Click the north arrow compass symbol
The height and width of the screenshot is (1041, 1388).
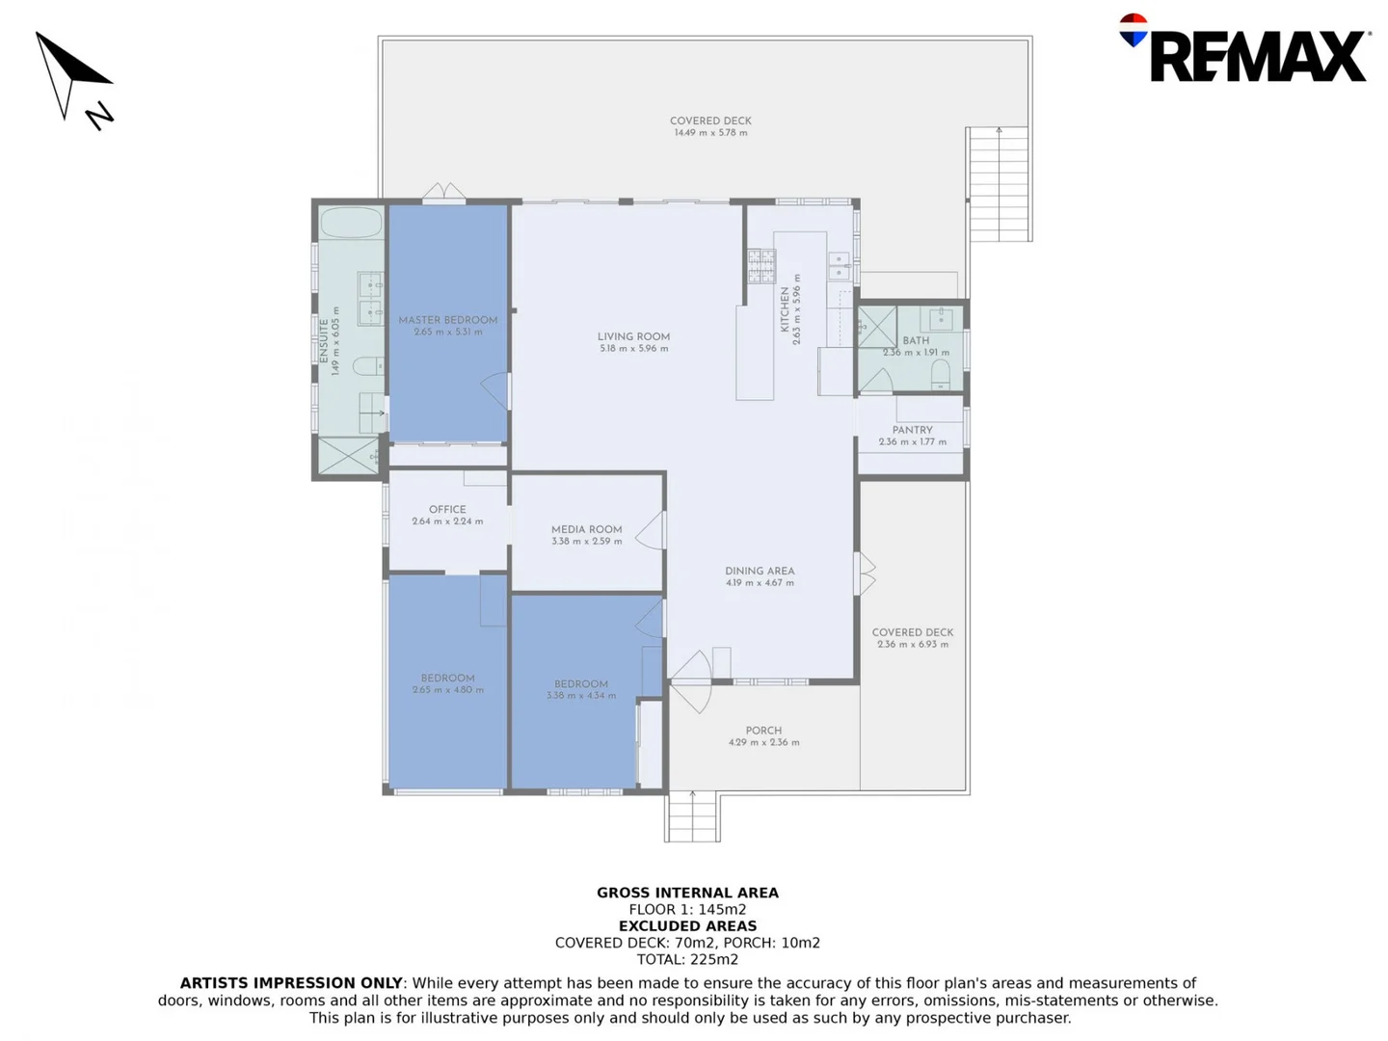74,80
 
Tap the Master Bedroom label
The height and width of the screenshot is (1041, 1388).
448,320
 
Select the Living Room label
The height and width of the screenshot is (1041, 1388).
633,336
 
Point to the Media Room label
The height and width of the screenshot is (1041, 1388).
586,529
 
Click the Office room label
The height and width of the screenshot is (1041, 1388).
447,509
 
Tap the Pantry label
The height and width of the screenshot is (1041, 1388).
912,430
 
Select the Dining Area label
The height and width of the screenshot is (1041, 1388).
760,571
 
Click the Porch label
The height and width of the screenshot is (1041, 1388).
763,731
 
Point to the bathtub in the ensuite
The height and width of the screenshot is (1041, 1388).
351,223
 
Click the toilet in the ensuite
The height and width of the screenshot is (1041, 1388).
367,366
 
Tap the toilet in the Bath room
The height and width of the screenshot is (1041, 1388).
941,375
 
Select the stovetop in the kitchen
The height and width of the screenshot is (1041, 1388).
761,265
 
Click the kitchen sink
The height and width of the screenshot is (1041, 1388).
839,266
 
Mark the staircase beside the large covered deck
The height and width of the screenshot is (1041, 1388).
999,184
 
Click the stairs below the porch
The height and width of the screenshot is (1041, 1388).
692,816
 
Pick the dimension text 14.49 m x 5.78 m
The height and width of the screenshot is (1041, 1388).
710,133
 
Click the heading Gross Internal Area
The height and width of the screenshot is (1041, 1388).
687,893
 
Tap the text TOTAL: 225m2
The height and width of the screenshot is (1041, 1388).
687,959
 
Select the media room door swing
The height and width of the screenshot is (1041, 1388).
652,531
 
